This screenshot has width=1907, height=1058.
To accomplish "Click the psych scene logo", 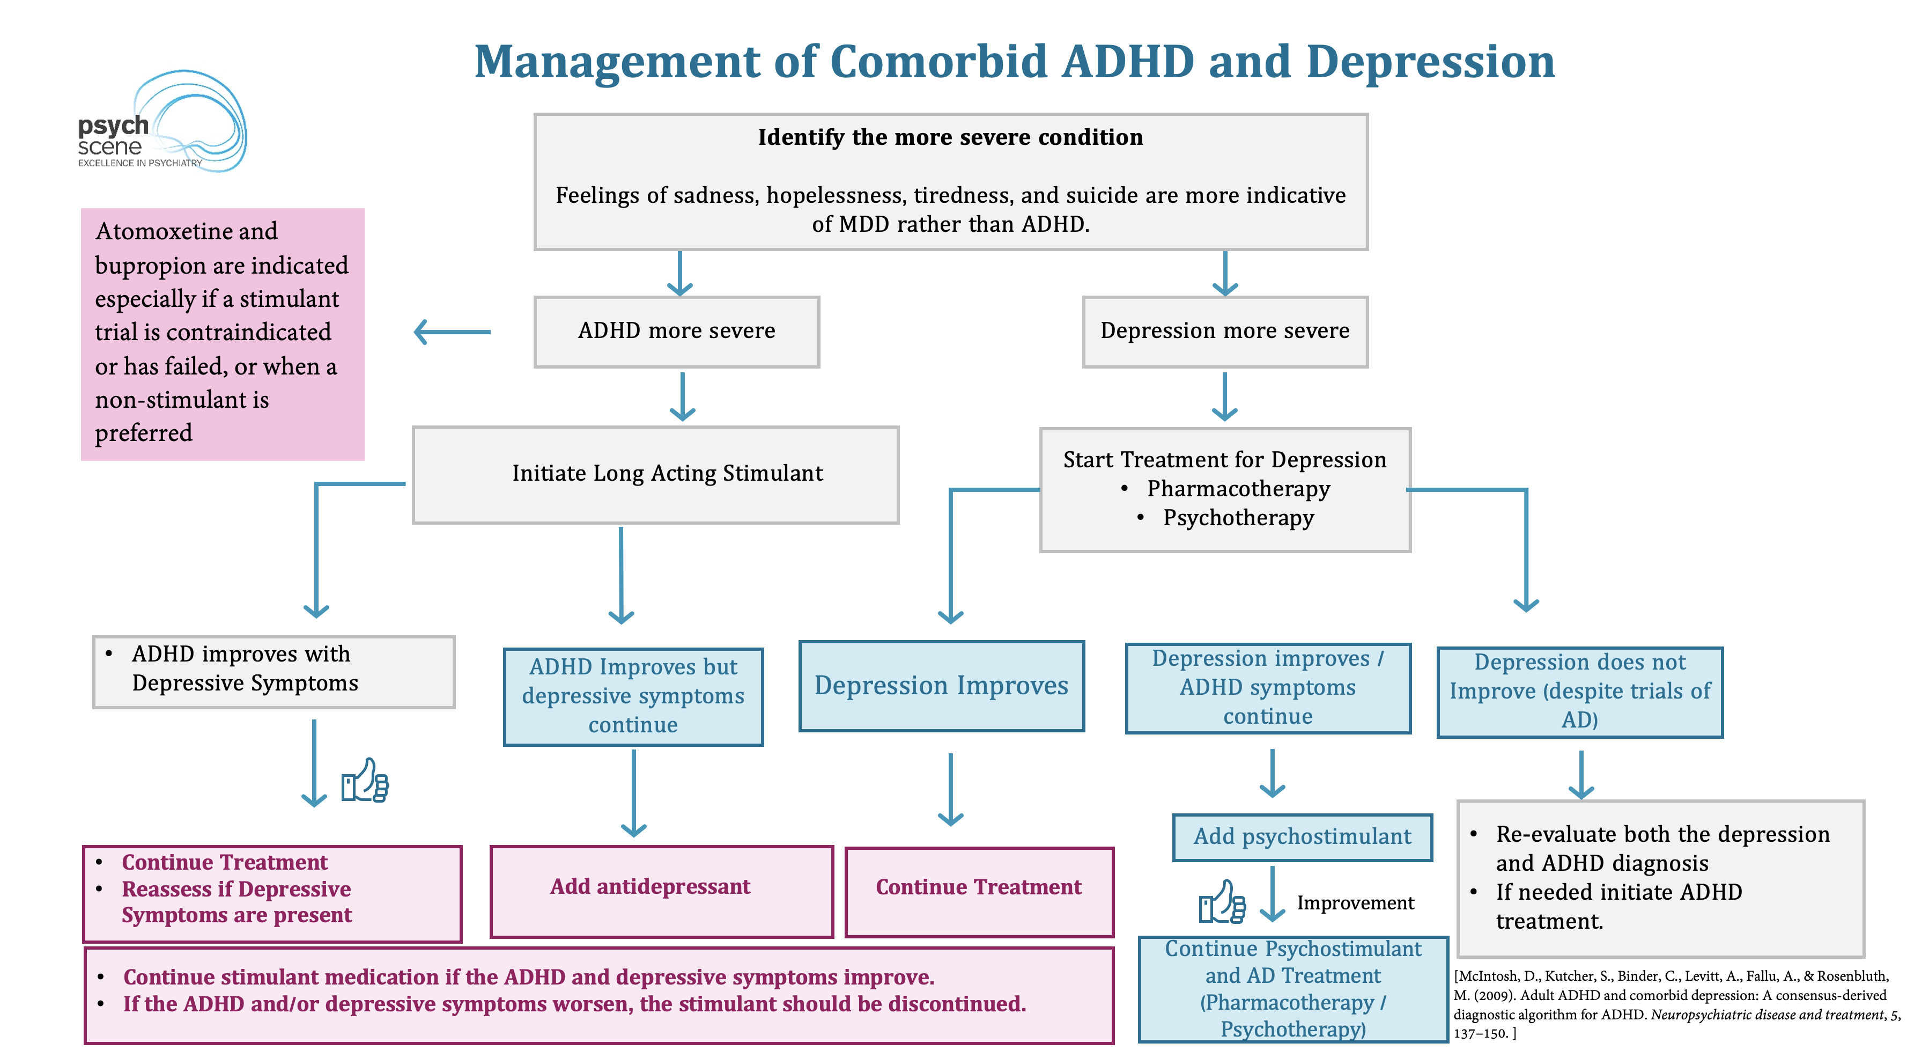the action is click(x=162, y=122).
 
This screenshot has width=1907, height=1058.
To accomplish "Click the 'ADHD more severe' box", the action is click(x=677, y=332).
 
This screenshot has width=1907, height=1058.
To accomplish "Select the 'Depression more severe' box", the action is click(x=1225, y=332).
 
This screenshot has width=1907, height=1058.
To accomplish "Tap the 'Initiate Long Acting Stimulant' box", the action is click(x=656, y=475).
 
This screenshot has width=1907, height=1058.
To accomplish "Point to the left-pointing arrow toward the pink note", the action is click(x=452, y=332).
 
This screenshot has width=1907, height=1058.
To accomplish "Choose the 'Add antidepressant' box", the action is click(x=662, y=892).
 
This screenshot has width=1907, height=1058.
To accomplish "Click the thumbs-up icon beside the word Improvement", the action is click(x=1222, y=902).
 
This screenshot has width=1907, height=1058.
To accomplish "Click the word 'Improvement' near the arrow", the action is click(x=1356, y=903).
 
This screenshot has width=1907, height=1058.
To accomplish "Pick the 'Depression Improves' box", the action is click(x=942, y=686).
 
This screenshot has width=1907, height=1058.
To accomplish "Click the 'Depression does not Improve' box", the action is click(x=1580, y=692).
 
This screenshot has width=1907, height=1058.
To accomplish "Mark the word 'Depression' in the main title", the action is click(x=1430, y=62).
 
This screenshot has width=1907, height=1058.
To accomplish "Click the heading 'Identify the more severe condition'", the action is click(x=950, y=138).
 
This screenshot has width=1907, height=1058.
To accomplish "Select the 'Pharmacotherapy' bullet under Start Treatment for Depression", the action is click(x=1238, y=489).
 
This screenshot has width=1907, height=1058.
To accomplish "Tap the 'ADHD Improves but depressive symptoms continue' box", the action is click(x=633, y=697).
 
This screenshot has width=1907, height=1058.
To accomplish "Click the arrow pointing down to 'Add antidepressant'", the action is click(x=634, y=793).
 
